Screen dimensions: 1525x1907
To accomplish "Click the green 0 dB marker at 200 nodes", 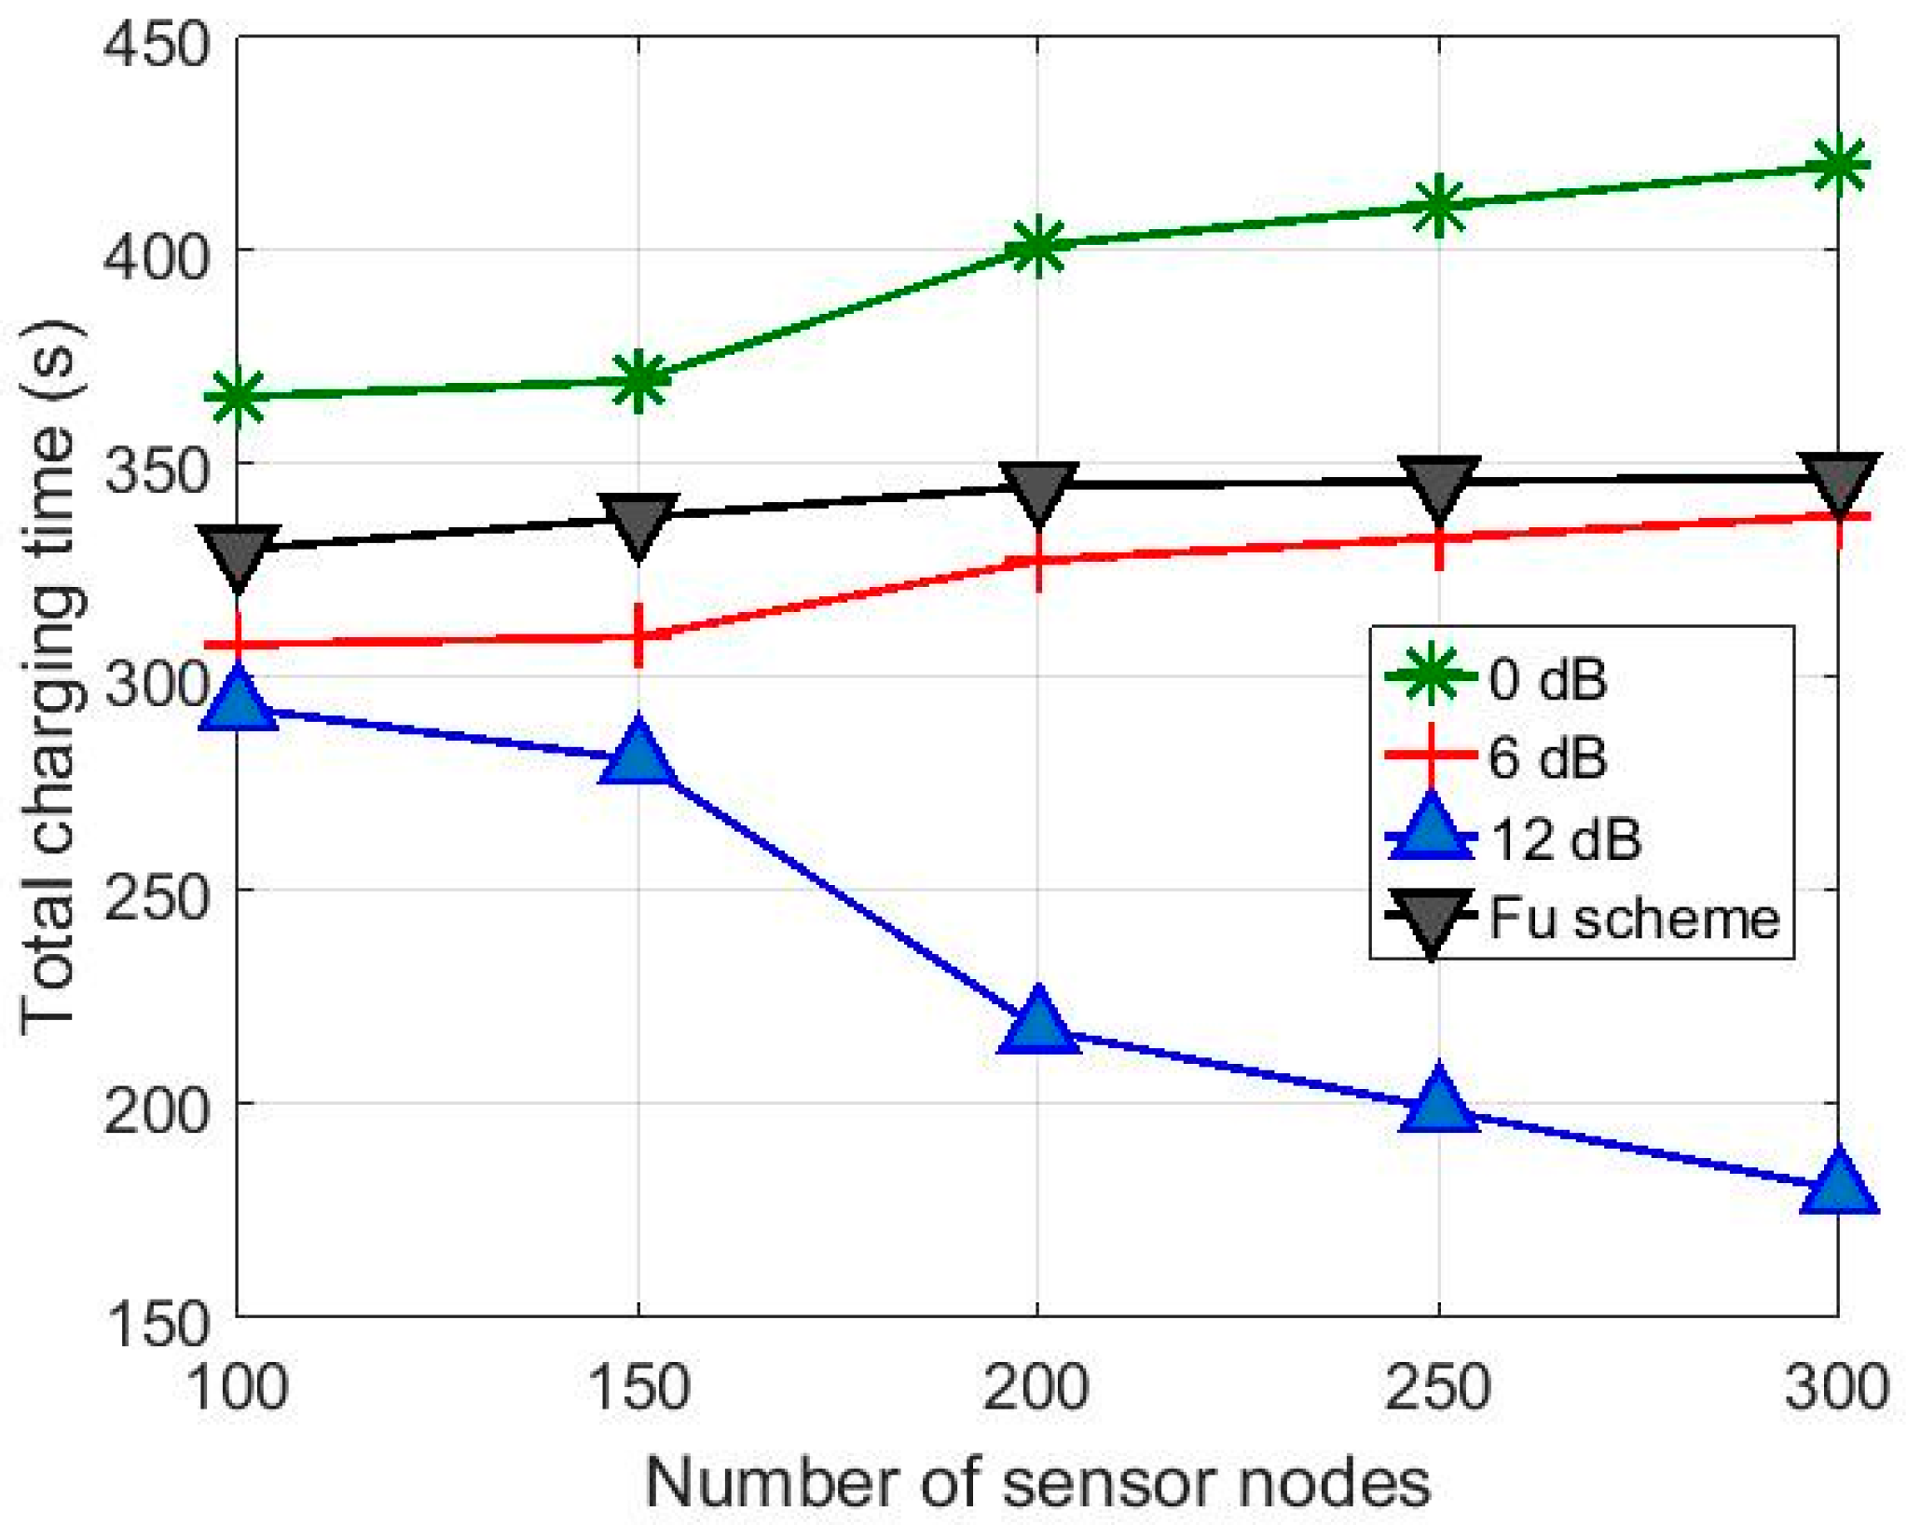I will click(1036, 246).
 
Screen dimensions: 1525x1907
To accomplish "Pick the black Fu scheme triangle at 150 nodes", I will click(638, 524).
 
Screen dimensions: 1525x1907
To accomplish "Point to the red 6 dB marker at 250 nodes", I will click(1438, 539).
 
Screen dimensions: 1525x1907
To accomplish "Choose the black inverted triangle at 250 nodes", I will click(1438, 485).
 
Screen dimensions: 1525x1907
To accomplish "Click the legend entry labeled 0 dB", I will click(1547, 680).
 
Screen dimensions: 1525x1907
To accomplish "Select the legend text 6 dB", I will click(1547, 758).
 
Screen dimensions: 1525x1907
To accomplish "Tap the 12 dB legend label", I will click(1566, 838).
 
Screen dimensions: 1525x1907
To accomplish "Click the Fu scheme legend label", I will click(1633, 919).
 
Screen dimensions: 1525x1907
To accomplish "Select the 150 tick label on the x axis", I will click(638, 1388).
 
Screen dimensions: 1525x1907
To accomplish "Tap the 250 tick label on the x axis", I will click(1438, 1388).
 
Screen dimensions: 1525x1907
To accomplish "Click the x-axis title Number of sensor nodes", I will click(1036, 1482).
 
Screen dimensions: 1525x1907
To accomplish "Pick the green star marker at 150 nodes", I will click(638, 381).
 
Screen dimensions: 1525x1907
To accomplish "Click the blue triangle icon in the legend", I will click(1431, 829).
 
